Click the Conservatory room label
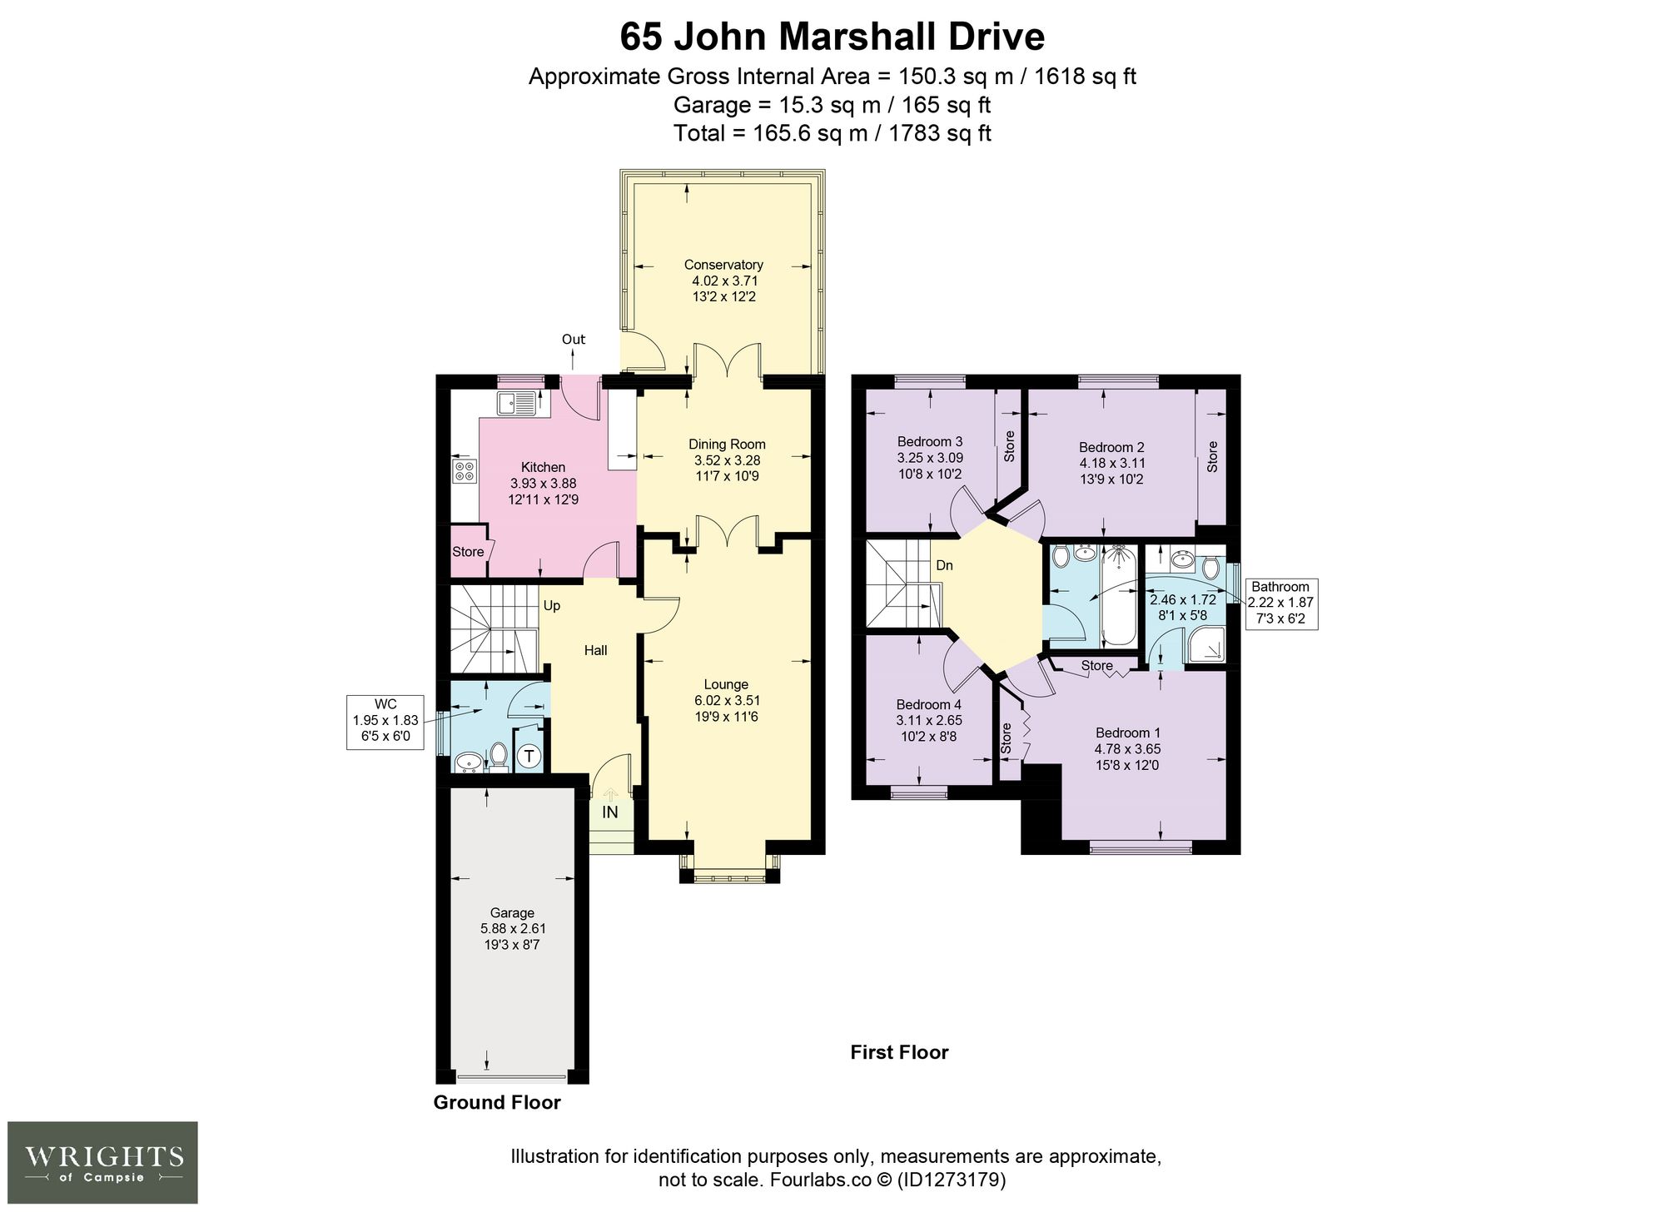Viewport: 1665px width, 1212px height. (x=723, y=265)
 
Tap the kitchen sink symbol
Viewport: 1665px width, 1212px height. (x=517, y=404)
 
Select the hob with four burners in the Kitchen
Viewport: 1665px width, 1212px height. (x=465, y=472)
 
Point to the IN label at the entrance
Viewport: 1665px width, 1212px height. (x=610, y=812)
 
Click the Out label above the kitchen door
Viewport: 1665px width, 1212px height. (x=574, y=340)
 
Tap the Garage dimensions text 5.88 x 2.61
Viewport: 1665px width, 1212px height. (x=513, y=929)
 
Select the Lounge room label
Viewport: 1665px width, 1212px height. (x=726, y=685)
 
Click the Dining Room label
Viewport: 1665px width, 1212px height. (x=727, y=445)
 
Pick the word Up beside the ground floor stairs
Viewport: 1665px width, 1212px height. (x=552, y=606)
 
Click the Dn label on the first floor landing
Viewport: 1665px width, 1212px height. (x=944, y=566)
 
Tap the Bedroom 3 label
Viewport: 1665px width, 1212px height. (x=930, y=442)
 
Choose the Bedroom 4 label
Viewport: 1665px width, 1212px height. (x=929, y=705)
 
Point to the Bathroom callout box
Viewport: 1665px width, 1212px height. (x=1280, y=604)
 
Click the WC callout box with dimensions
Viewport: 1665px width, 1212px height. (x=385, y=721)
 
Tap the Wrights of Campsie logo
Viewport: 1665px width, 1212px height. (x=103, y=1162)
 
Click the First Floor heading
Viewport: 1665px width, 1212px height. (x=899, y=1052)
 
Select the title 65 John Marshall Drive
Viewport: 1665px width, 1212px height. (x=832, y=37)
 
